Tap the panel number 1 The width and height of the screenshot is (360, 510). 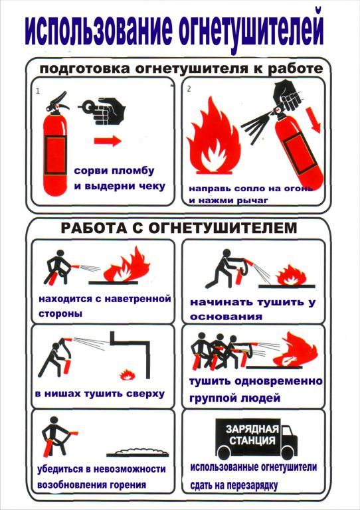pyautogui.click(x=38, y=91)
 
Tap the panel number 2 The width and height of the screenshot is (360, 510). pyautogui.click(x=189, y=89)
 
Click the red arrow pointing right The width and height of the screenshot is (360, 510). pyautogui.click(x=108, y=141)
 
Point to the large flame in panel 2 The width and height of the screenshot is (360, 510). pyautogui.click(x=213, y=136)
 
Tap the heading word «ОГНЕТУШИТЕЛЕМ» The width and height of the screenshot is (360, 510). pyautogui.click(x=223, y=228)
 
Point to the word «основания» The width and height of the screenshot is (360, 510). pyautogui.click(x=226, y=317)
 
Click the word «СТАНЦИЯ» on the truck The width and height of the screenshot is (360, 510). pyautogui.click(x=252, y=441)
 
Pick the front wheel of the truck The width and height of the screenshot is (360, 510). pyautogui.click(x=288, y=452)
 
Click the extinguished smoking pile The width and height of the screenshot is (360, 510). pyautogui.click(x=138, y=452)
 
